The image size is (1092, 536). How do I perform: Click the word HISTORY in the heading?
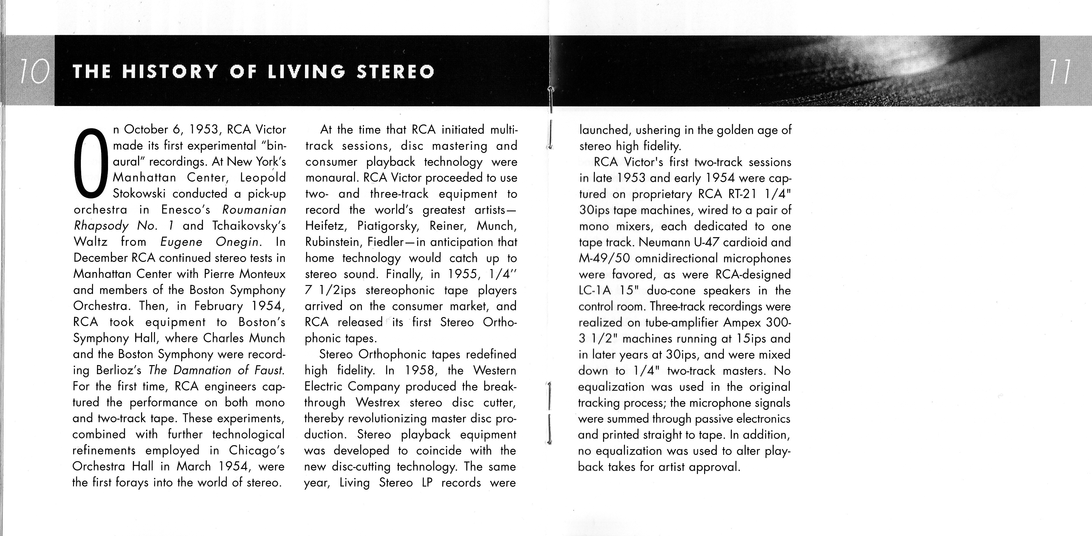pos(170,72)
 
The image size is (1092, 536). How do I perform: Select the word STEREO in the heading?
pos(395,72)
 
